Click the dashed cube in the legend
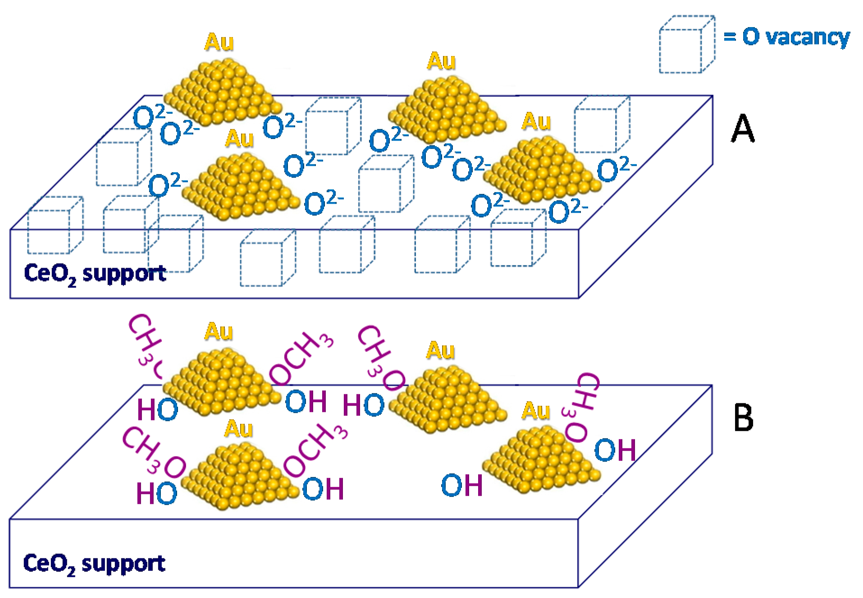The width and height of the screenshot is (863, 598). click(686, 45)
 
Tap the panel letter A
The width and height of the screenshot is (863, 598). click(742, 128)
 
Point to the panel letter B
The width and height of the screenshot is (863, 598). click(743, 418)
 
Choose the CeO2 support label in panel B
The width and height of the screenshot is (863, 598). click(94, 564)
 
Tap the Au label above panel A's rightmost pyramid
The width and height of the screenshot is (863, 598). click(536, 122)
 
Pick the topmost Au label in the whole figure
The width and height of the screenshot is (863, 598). click(219, 42)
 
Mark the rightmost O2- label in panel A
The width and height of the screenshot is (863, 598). click(616, 169)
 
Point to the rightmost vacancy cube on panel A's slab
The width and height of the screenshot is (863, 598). click(602, 124)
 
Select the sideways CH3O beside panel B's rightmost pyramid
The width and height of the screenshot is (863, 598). click(581, 406)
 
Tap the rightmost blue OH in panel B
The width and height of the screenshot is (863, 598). click(615, 450)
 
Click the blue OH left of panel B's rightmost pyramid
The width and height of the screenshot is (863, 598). click(461, 485)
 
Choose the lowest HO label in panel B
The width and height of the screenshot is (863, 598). click(157, 493)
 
